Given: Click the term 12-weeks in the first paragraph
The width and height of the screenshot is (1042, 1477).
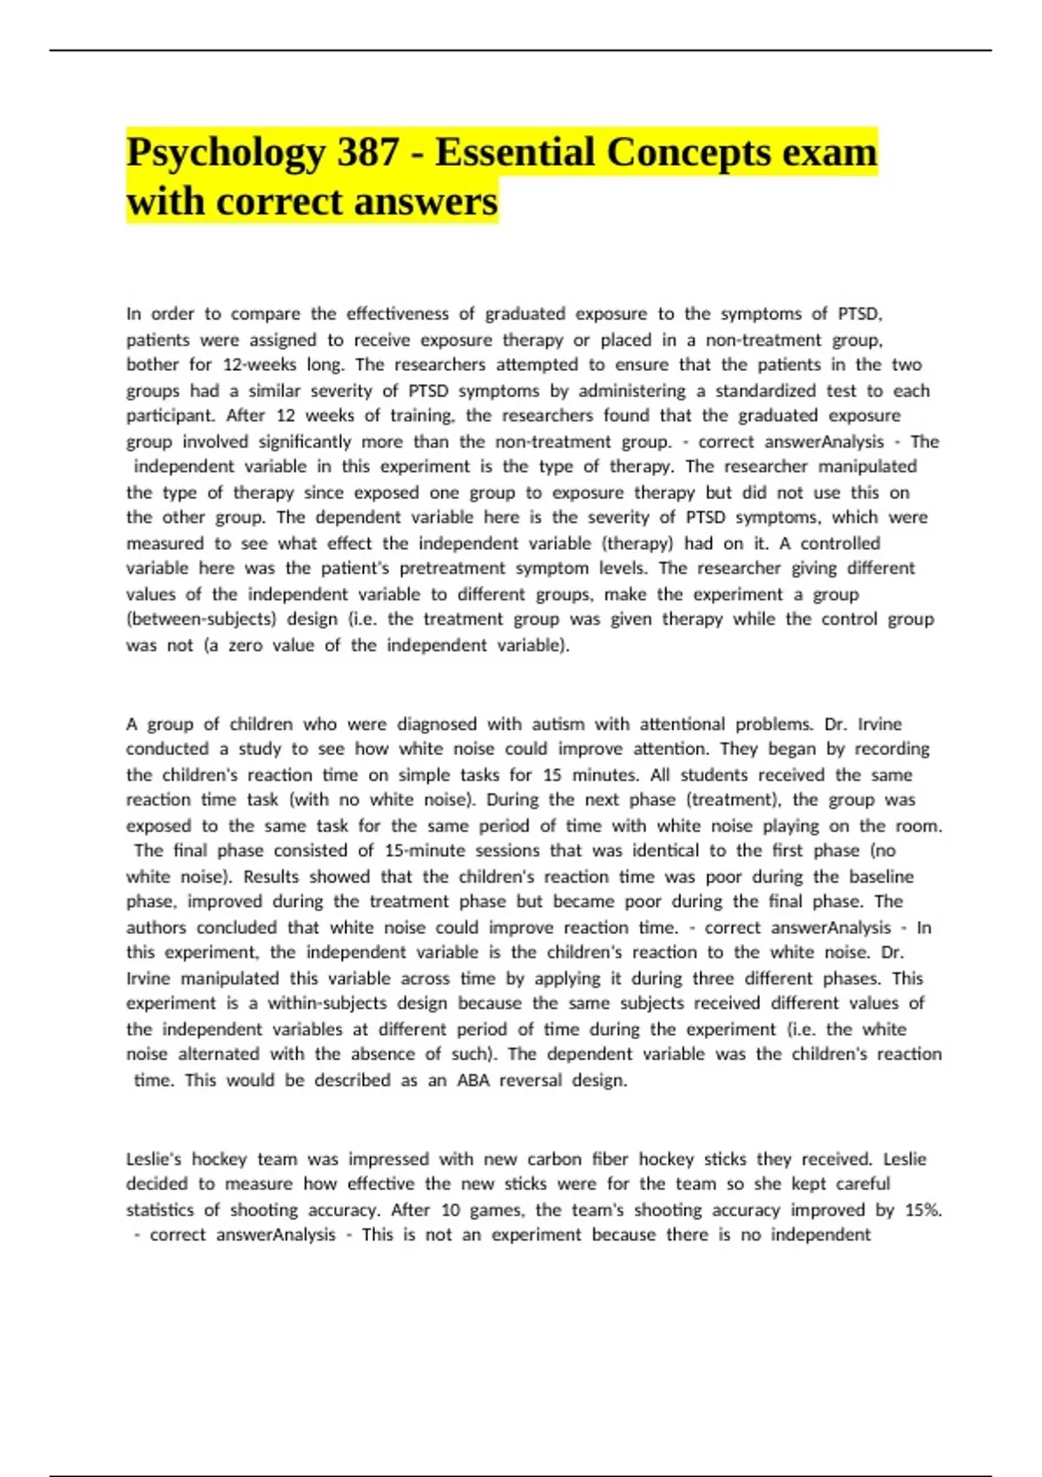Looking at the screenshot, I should (260, 365).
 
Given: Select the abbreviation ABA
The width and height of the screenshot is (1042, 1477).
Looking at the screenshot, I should (473, 1081).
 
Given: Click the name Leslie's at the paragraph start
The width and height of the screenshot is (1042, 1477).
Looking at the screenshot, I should (154, 1159).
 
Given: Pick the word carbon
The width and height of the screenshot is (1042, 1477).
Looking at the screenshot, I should (554, 1159).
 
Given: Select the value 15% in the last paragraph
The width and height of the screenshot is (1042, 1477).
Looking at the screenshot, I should (921, 1210).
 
